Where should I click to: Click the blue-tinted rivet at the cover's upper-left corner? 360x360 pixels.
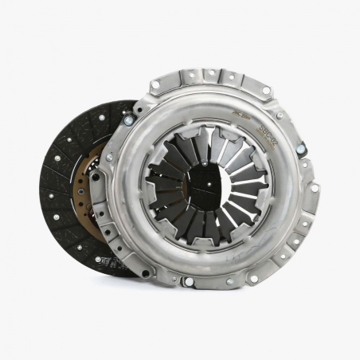point(128,120)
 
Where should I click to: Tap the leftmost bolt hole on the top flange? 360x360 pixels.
point(156,83)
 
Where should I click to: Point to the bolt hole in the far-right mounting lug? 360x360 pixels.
point(314,188)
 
